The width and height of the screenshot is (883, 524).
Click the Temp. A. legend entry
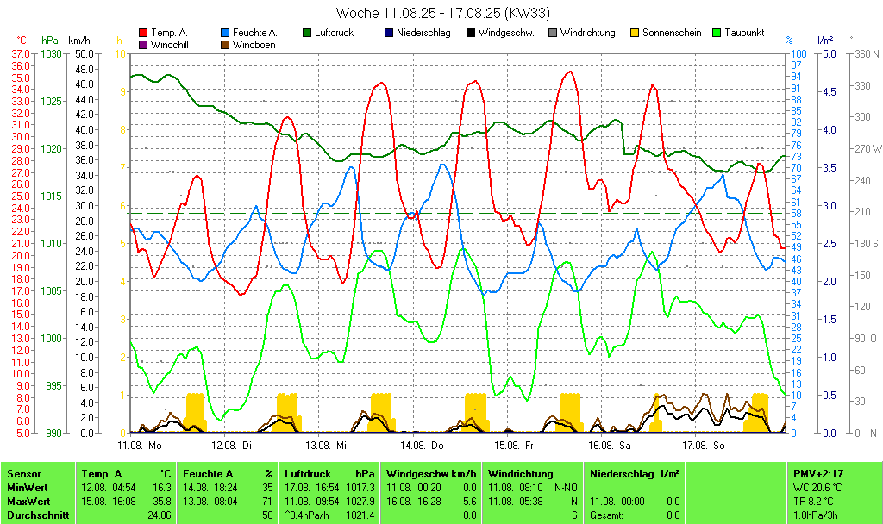[x=169, y=33]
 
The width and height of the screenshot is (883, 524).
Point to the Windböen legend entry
[x=254, y=45]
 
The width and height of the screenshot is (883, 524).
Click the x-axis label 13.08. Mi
[x=326, y=446]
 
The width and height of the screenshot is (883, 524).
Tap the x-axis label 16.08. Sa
[x=609, y=446]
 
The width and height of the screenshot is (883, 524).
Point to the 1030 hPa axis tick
[x=52, y=53]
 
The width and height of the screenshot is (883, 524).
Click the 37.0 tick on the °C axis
[x=20, y=53]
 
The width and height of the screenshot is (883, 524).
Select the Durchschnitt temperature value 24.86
[x=158, y=515]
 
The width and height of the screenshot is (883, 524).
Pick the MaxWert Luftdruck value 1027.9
[x=360, y=501]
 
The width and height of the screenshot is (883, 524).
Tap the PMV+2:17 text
[x=818, y=473]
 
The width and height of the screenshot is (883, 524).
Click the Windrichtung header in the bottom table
[x=520, y=473]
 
